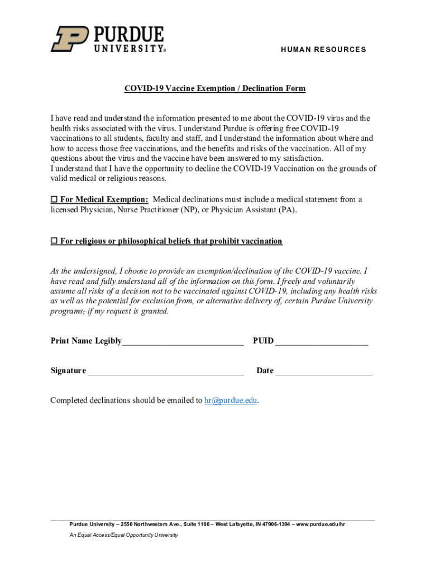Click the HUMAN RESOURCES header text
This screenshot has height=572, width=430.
323,50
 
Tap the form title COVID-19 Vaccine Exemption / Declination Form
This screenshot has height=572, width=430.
215,89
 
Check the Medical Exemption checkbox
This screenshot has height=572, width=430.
54,200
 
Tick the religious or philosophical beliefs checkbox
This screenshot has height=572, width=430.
54,241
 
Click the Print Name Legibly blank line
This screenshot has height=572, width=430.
183,342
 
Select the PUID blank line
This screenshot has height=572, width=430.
322,342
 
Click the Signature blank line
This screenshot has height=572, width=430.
165,371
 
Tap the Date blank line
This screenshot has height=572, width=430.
324,371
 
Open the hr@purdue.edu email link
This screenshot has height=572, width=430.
231,401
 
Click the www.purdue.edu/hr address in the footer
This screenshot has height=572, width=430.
321,525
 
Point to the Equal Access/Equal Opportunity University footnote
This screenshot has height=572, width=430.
123,535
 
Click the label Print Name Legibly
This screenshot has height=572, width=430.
86,341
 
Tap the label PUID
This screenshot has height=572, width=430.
263,341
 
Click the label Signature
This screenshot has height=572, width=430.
68,371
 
